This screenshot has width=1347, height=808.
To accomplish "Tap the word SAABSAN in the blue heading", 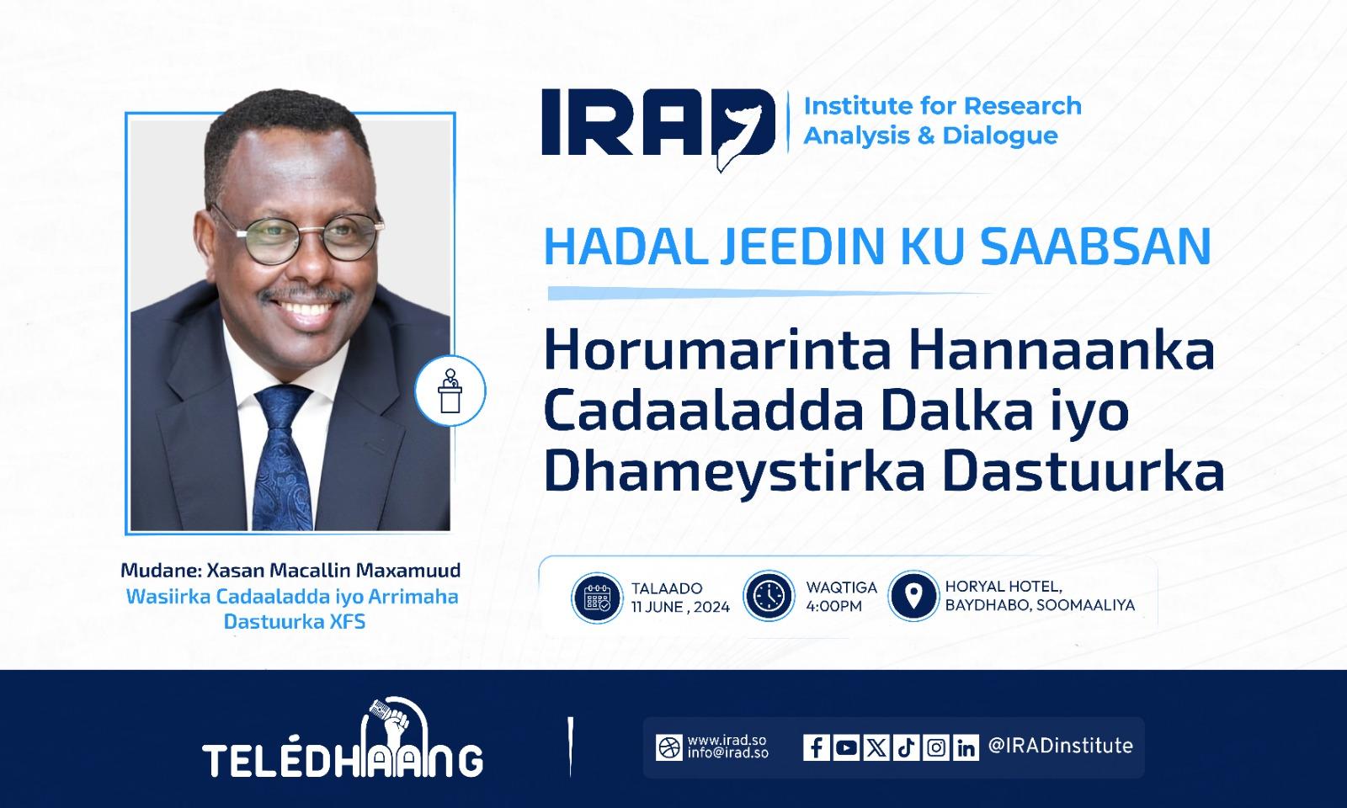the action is pyautogui.click(x=1095, y=246).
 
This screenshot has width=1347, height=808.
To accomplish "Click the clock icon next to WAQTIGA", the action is pyautogui.click(x=769, y=596).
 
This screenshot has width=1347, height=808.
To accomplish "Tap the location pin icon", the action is pyautogui.click(x=913, y=596).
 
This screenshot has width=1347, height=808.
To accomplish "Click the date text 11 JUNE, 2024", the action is pyautogui.click(x=680, y=607).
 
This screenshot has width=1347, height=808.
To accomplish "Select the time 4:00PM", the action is pyautogui.click(x=833, y=606).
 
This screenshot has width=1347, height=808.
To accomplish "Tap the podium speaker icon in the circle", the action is pyautogui.click(x=450, y=391).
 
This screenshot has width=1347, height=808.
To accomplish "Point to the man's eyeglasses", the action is pyautogui.click(x=297, y=239).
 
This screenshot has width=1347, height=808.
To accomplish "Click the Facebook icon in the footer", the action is pyautogui.click(x=816, y=747).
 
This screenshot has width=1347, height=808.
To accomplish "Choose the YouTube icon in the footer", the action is pyautogui.click(x=846, y=747).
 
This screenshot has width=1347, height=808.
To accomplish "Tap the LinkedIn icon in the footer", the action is pyautogui.click(x=966, y=747).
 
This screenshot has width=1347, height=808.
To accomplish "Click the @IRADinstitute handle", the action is pyautogui.click(x=1060, y=746).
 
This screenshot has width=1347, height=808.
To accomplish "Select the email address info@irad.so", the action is pyautogui.click(x=727, y=752).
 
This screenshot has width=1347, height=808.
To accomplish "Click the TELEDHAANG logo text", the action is pyautogui.click(x=342, y=760).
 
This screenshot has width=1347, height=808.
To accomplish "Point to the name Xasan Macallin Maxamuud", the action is pyautogui.click(x=333, y=570).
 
